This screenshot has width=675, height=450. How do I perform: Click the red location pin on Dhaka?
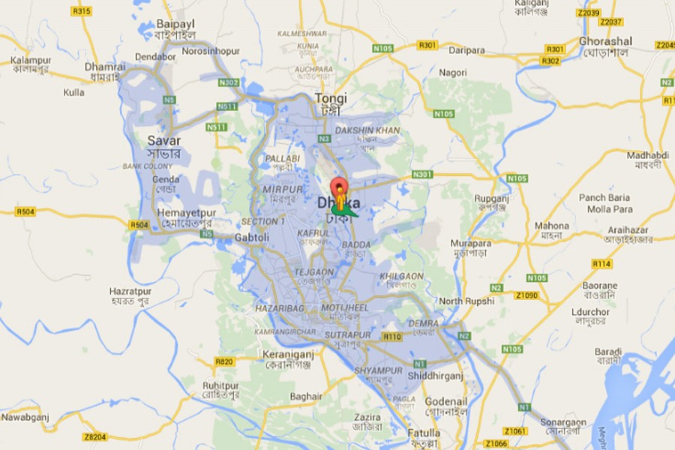(340, 187)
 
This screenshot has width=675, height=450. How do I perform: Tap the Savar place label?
(163, 140)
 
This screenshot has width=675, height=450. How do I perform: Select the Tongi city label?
(331, 97)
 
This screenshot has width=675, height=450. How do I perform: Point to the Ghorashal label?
(605, 41)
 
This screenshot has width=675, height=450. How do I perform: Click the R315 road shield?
(82, 10)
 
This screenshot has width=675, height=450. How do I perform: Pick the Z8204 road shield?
(95, 436)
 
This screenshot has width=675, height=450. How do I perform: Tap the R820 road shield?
(224, 361)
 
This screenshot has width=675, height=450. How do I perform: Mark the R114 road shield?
(601, 263)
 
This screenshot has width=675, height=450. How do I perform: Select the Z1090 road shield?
(528, 295)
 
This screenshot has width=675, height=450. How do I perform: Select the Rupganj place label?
(472, 199)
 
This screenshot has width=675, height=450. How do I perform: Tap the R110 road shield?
(392, 337)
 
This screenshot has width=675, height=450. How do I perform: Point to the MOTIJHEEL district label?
(345, 308)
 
